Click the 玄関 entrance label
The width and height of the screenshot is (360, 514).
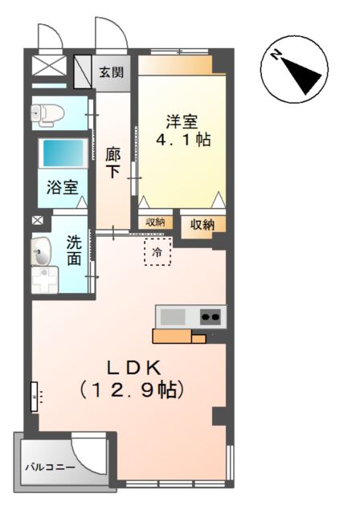coord(111,71)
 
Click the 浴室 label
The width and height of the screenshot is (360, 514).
coord(62,189)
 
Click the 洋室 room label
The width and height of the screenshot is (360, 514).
coord(182,122)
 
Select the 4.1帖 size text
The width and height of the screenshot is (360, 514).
coord(182,141)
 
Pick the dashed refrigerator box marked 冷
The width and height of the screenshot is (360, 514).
coord(157,252)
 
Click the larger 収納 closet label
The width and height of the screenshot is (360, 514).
coord(202,225)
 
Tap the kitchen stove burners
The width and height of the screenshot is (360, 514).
coord(211,316)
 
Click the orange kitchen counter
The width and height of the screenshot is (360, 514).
coord(178,336)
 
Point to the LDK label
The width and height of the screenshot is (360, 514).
coord(134,367)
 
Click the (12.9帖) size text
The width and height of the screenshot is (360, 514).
coord(133,391)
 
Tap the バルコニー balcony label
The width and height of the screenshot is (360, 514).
coord(49,466)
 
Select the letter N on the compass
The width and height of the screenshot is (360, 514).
coord(275,55)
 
